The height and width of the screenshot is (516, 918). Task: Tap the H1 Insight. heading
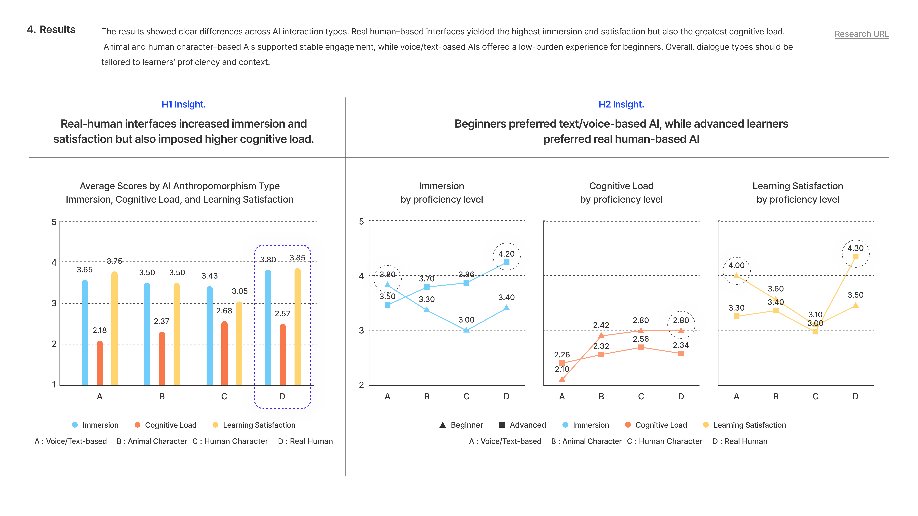184,104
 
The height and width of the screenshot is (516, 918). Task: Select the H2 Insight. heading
621,104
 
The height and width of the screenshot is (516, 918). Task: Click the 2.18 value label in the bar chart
99,330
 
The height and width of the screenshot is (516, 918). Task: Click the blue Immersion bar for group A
85,333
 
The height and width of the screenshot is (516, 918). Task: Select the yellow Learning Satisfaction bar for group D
298,327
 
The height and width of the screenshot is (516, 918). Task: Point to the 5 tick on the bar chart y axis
54,222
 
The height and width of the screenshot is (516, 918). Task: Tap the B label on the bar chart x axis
162,396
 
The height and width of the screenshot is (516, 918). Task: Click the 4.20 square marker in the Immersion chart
506,262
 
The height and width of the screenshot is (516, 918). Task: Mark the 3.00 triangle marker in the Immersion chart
466,330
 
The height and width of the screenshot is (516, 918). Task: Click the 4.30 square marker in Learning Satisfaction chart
855,256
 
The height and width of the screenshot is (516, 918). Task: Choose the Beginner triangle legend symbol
443,425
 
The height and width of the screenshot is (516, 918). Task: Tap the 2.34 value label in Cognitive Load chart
681,345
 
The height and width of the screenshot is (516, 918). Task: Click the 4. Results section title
51,30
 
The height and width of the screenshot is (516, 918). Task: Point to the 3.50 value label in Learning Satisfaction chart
855,295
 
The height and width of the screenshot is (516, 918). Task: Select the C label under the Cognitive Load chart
641,396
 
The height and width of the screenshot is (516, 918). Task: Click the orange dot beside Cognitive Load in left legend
137,425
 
